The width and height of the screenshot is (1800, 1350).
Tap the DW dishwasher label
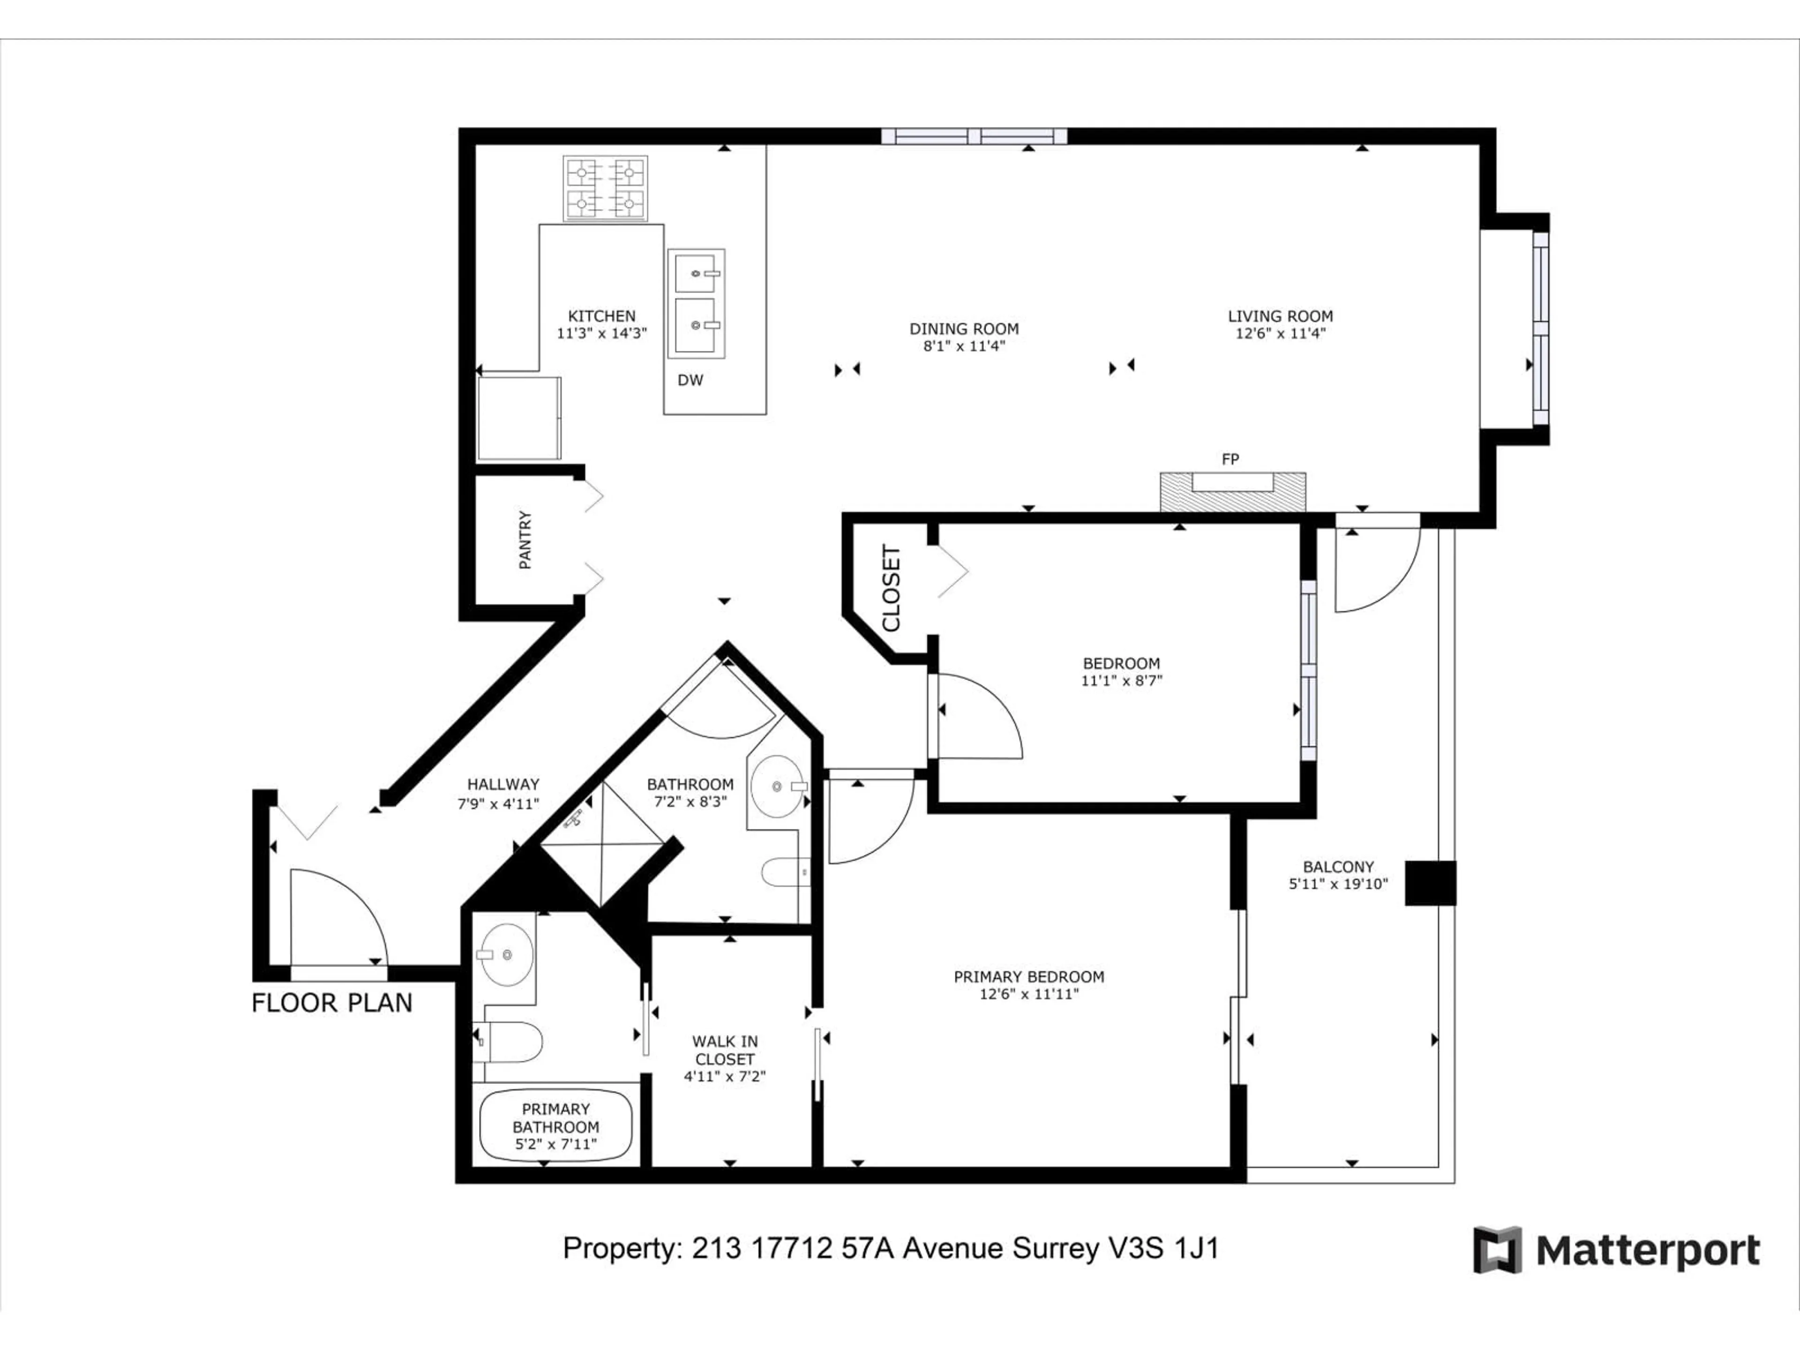690,380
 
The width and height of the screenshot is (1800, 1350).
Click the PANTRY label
525,540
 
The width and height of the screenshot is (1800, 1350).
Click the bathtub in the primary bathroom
556,1126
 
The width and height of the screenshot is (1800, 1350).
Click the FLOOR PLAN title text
332,1003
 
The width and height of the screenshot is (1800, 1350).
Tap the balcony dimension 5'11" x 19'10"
1338,885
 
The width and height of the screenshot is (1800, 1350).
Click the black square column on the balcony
1430,883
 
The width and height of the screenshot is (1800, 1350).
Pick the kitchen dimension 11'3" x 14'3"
601,333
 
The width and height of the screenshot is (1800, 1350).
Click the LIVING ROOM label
1280,316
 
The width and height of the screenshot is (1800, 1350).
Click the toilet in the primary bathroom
511,1042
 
